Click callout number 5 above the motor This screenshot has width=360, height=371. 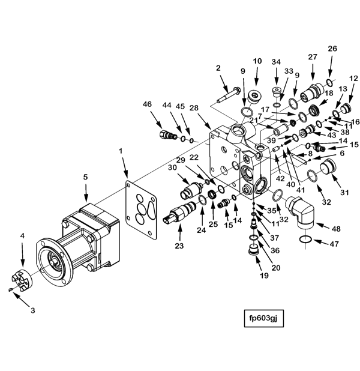(85, 178)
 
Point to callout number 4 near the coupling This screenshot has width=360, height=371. (23, 237)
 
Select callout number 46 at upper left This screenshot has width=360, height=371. (147, 104)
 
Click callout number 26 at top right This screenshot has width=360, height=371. (332, 49)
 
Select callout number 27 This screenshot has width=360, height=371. (312, 57)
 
